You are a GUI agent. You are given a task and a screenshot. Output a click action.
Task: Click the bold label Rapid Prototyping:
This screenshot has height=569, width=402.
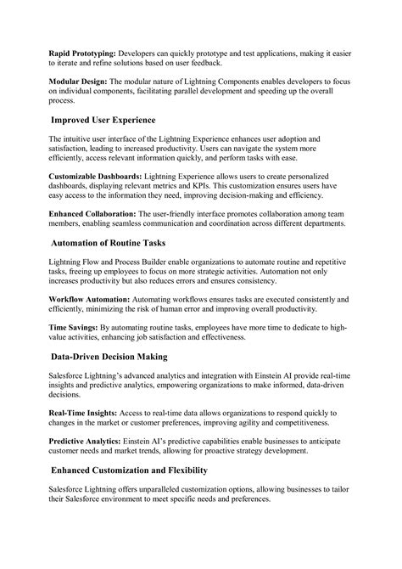(82, 53)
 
